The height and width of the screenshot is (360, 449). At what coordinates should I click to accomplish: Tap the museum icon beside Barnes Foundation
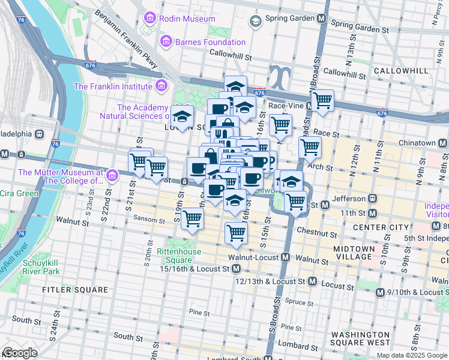[x=166, y=41]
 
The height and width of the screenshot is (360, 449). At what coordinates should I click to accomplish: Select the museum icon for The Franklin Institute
[x=160, y=86]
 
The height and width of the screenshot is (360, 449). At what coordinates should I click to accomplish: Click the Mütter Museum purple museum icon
[x=112, y=176]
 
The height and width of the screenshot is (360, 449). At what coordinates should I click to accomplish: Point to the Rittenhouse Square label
[x=174, y=256]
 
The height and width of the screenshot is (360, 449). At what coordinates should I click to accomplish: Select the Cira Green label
[x=19, y=193]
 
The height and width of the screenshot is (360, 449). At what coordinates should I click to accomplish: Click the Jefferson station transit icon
[x=372, y=198]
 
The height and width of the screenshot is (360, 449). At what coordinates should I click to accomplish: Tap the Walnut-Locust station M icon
[x=286, y=257]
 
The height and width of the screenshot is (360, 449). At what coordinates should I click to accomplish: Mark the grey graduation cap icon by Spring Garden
[x=255, y=22]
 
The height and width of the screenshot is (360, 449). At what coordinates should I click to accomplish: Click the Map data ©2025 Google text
[x=411, y=355]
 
